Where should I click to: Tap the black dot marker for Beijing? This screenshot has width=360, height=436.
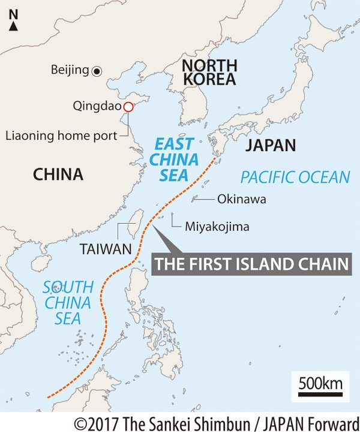pyautogui.click(x=97, y=71)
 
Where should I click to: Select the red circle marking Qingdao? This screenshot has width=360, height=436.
pyautogui.click(x=127, y=107)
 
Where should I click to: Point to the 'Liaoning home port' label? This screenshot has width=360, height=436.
pyautogui.click(x=61, y=136)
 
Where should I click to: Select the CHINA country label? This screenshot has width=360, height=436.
pyautogui.click(x=58, y=175)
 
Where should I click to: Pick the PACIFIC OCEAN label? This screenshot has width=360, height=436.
pyautogui.click(x=295, y=177)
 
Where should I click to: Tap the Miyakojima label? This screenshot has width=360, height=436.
pyautogui.click(x=217, y=227)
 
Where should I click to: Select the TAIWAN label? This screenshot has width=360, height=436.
pyautogui.click(x=105, y=248)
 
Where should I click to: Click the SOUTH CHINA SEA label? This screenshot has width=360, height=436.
pyautogui.click(x=67, y=302)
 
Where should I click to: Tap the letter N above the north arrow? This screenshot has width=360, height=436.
pyautogui.click(x=13, y=13)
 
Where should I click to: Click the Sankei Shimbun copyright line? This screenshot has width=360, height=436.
pyautogui.click(x=217, y=423)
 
